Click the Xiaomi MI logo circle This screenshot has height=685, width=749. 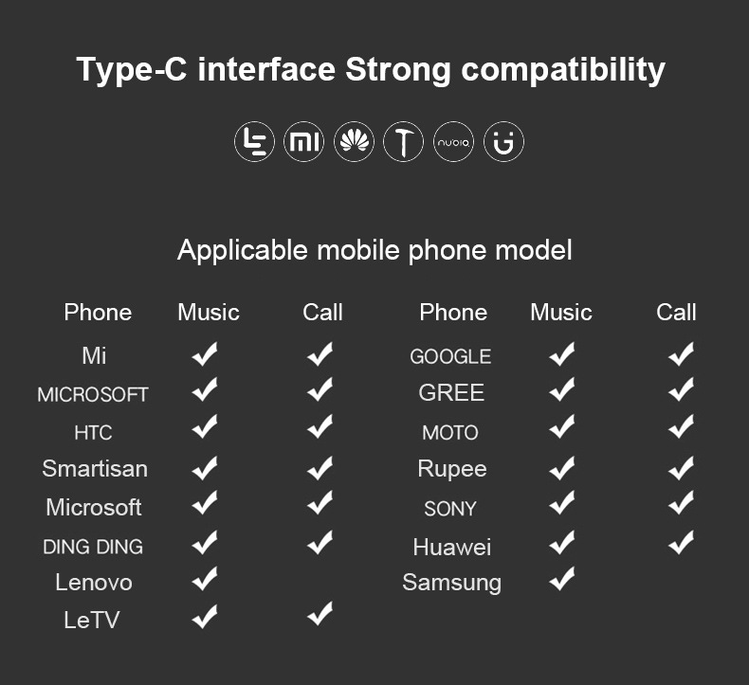[x=303, y=142]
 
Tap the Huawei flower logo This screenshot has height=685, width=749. [x=354, y=142]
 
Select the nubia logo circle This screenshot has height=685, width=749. [x=453, y=142]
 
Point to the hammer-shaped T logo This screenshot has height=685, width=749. [x=404, y=142]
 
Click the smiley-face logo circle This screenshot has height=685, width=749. [x=503, y=142]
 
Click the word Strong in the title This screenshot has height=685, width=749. [x=398, y=70]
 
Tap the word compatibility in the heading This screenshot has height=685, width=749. [x=563, y=70]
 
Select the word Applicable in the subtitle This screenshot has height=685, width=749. [x=242, y=251]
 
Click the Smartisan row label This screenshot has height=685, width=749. [x=95, y=468]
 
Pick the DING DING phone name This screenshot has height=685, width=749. [x=93, y=547]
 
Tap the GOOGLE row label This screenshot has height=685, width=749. [x=450, y=356]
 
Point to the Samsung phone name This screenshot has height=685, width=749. [x=452, y=583]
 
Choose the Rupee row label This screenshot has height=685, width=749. [x=452, y=469]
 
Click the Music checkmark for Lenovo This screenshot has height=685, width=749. [x=205, y=579]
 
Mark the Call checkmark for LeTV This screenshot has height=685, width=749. [x=320, y=613]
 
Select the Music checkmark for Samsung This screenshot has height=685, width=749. [x=562, y=579]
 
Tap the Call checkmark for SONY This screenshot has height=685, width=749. [x=681, y=503]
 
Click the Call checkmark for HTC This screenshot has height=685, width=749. [x=320, y=426]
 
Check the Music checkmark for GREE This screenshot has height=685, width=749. [x=562, y=389]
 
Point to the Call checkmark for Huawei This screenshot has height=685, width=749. [x=681, y=542]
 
